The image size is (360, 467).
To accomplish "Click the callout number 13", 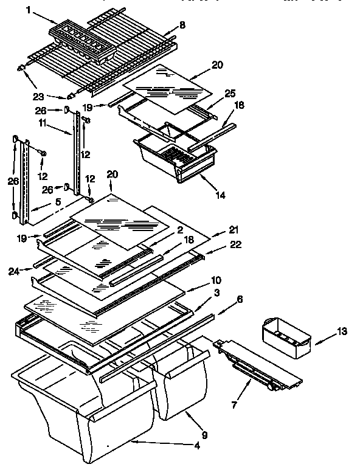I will click(342, 332).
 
